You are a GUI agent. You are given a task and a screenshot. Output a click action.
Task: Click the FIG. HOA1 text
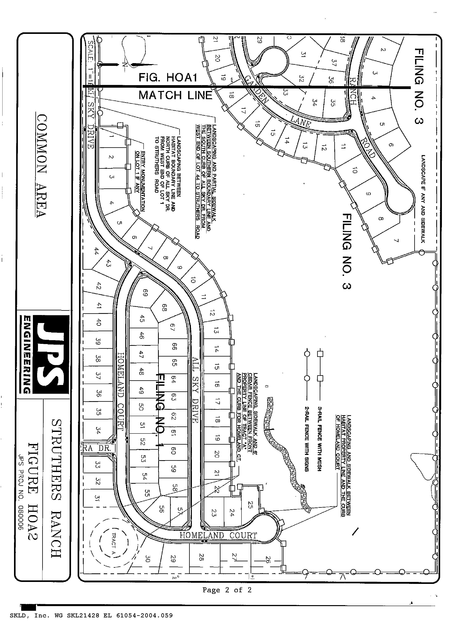point(168,78)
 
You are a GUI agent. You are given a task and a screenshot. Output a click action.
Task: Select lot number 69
point(145,293)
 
